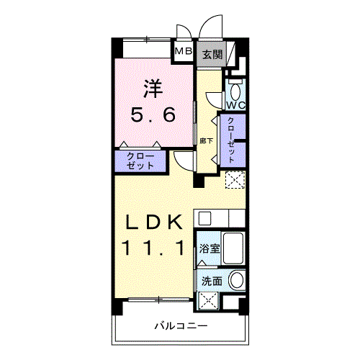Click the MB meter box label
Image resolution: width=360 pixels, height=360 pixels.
point(184,51)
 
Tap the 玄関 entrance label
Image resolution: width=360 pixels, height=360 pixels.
point(212,55)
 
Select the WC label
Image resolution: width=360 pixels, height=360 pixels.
point(236,105)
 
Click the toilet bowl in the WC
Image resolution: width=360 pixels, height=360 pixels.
point(235,91)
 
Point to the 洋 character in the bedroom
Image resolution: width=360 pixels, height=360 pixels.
point(153,89)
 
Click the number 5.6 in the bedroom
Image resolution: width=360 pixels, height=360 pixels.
point(153,114)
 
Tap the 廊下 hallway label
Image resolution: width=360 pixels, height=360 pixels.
point(206,141)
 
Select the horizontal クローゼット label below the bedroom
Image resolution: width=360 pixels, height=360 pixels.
point(140,161)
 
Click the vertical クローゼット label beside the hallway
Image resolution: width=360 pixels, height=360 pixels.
point(231,140)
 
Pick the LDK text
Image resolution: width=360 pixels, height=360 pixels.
point(153,222)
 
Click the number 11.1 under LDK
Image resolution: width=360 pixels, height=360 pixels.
point(153,248)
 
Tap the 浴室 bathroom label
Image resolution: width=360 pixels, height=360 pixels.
point(210,249)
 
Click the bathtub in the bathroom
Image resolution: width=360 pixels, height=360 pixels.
point(233,248)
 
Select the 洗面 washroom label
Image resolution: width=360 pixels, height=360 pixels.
point(212,282)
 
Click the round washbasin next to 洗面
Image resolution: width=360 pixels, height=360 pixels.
point(237,279)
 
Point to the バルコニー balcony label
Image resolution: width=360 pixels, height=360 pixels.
point(181,326)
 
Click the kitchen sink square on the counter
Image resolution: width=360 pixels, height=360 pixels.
point(204,218)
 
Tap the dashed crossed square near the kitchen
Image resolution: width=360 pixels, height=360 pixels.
point(235,179)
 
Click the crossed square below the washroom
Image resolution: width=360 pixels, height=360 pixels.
point(208,300)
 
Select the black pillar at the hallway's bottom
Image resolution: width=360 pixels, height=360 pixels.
point(199,180)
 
